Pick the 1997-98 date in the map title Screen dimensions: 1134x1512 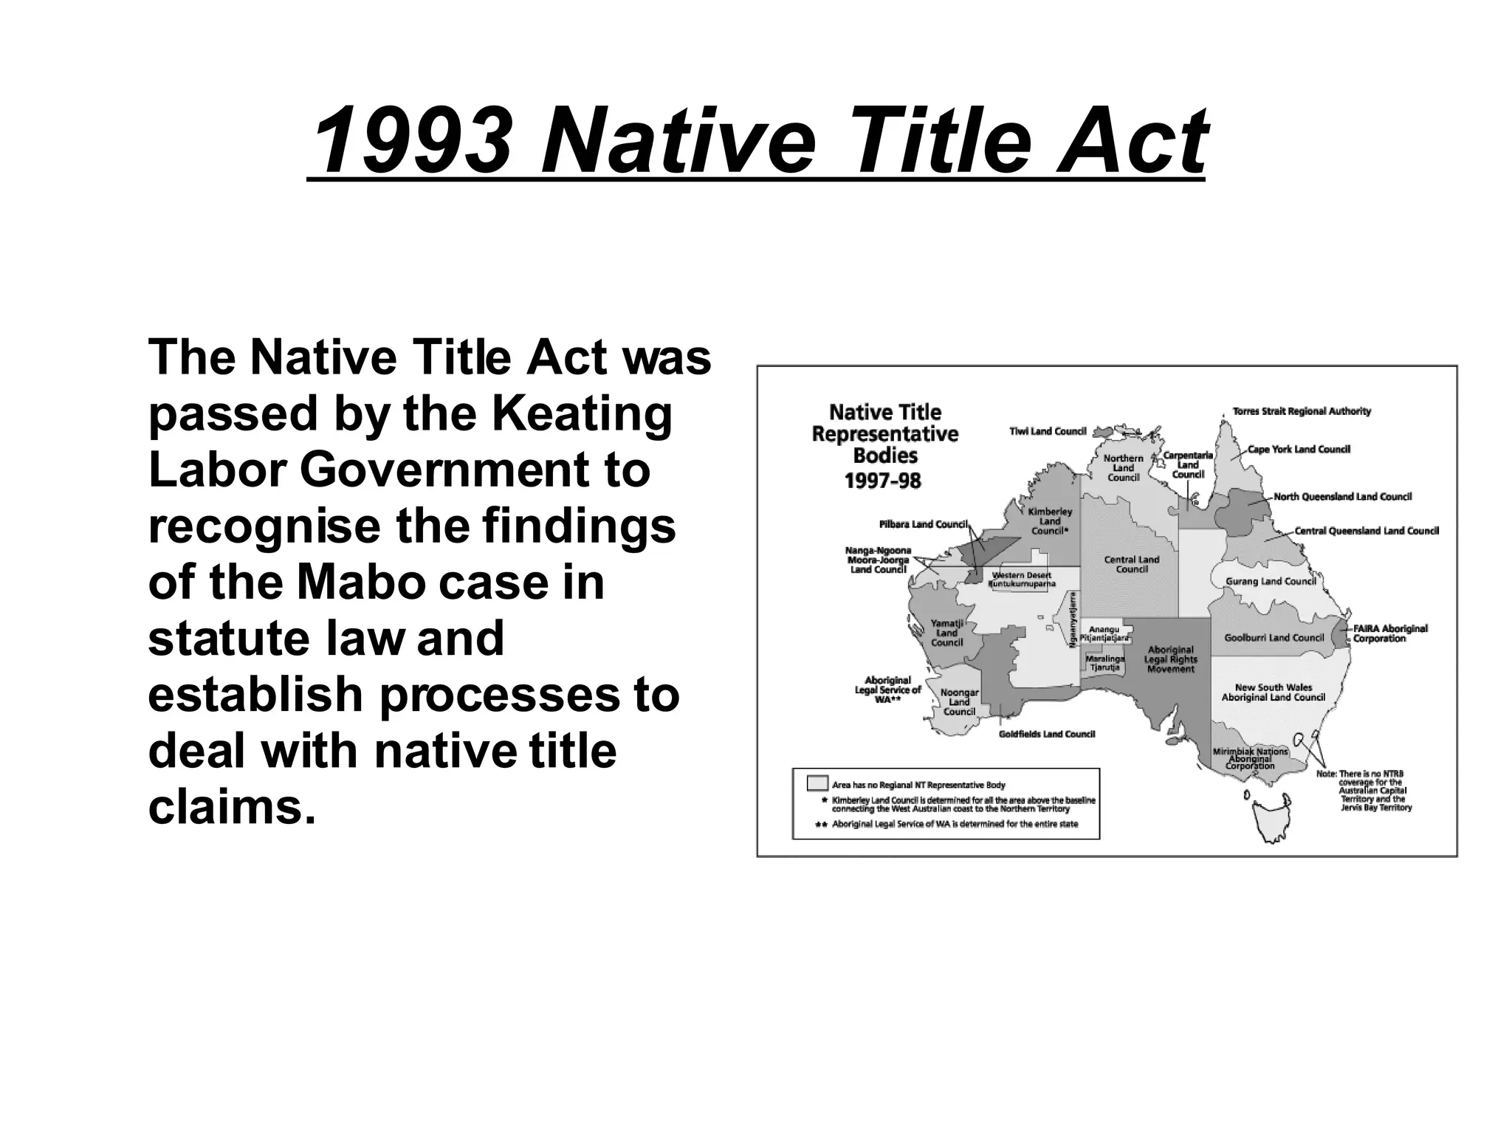(x=883, y=481)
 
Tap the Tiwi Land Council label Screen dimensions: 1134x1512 (x=1048, y=431)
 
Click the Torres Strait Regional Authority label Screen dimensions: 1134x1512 (x=1302, y=411)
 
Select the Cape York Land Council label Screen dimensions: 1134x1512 (x=1299, y=449)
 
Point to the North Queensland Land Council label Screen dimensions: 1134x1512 (x=1342, y=497)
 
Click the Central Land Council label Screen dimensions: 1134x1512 (x=1132, y=565)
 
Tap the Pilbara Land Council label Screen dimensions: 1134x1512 (x=923, y=524)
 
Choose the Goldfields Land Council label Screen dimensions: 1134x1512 (x=1046, y=734)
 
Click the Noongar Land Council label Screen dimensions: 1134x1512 (x=959, y=702)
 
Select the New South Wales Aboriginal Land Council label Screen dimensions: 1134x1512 (x=1274, y=693)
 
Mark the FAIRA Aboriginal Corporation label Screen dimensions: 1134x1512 (x=1389, y=633)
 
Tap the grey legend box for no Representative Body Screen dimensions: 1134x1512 (x=817, y=783)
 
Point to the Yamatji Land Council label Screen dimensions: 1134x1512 (x=946, y=633)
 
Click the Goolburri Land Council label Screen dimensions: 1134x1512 (x=1274, y=638)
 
